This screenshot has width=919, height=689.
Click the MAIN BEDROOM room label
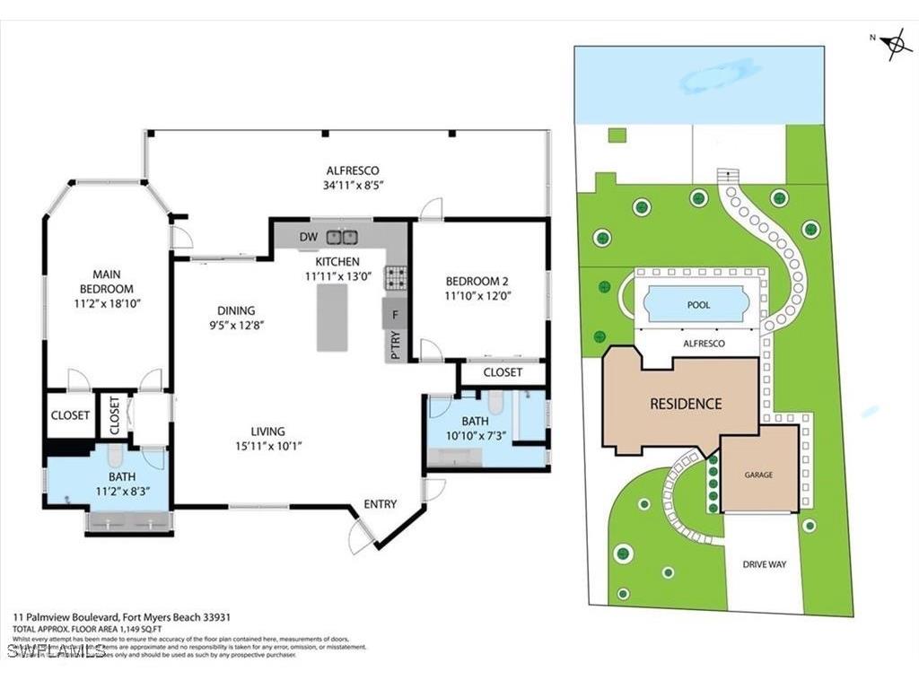113,281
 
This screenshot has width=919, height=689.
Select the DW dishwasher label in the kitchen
308,237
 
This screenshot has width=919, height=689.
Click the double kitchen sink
342,237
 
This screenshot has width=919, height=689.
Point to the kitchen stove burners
395,277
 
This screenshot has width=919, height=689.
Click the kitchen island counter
332,317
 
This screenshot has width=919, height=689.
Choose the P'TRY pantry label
395,344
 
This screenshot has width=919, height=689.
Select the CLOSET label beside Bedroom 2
503,372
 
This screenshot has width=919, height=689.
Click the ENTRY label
380,504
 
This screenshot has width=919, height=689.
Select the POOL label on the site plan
698,305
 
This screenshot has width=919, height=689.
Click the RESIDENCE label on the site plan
685,404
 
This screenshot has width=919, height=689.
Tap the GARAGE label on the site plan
757,475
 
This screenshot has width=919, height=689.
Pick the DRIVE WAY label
764,564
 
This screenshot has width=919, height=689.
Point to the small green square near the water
617,135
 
